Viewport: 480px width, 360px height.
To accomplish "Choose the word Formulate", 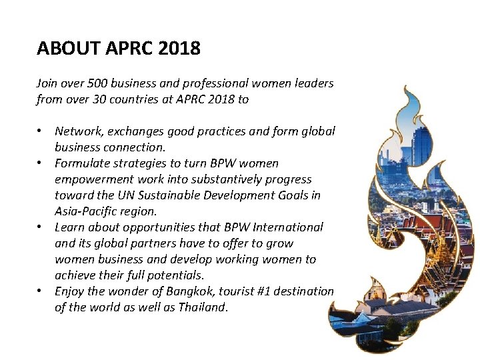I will [82, 164].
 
